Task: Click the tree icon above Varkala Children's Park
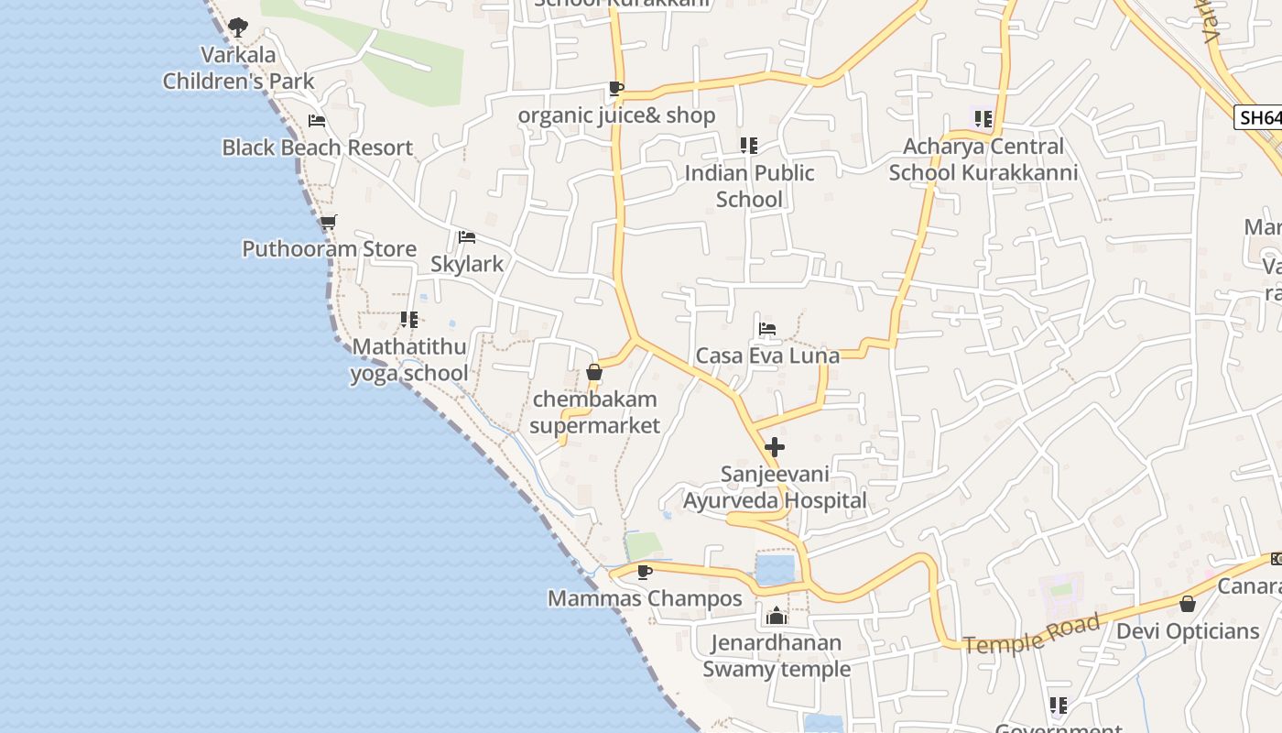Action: point(238,27)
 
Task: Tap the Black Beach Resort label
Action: point(317,148)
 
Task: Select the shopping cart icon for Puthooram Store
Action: point(329,222)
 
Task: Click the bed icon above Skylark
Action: point(467,237)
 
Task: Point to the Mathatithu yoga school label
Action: point(409,360)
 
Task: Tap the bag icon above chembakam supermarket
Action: point(594,372)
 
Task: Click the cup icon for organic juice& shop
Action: point(616,89)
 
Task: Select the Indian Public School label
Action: point(749,186)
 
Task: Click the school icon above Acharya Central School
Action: point(983,118)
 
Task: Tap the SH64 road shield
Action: point(1258,118)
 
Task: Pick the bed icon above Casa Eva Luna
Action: point(767,329)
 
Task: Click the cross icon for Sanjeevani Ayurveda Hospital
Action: point(775,447)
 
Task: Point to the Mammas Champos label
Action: point(645,599)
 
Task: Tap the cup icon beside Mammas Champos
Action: point(644,572)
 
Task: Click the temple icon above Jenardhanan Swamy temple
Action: point(777,616)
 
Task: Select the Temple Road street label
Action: point(1031,635)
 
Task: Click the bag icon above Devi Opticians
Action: point(1187,604)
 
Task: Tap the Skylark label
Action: point(467,264)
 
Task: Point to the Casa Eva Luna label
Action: point(767,356)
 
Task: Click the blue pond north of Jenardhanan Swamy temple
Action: point(775,568)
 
